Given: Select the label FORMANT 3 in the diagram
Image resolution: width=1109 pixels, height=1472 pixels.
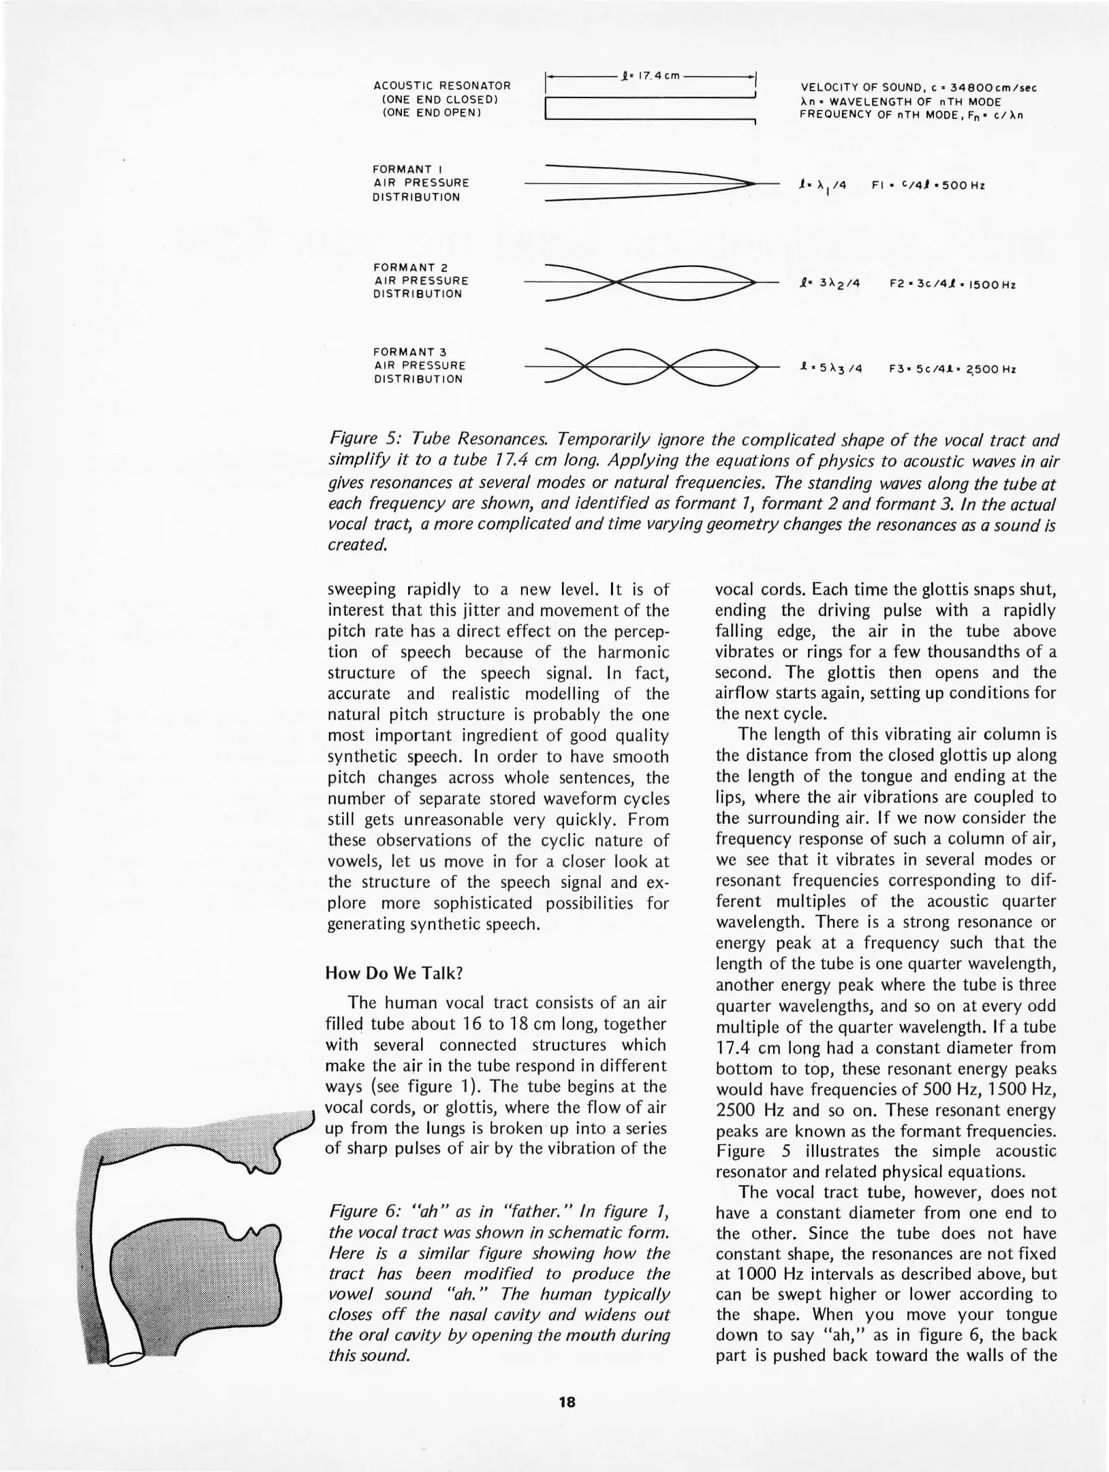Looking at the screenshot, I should [409, 352].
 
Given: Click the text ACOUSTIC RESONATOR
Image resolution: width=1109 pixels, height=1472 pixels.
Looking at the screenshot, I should [442, 86].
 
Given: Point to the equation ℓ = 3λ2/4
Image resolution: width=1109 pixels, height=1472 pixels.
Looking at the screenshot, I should [831, 284].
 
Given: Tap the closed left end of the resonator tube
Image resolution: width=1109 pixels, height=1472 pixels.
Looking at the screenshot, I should [548, 110].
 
